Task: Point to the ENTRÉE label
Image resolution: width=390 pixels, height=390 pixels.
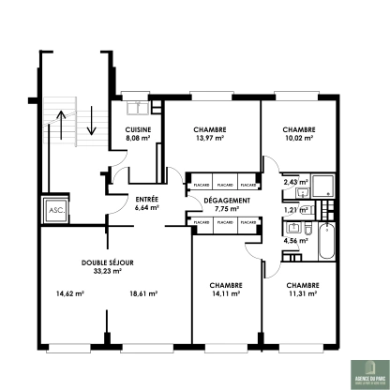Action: pyautogui.click(x=146, y=200)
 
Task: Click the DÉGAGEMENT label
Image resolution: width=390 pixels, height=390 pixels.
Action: pyautogui.click(x=226, y=201)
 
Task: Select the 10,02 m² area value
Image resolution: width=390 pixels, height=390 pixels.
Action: pyautogui.click(x=298, y=139)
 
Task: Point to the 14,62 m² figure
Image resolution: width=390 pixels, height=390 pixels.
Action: pyautogui.click(x=70, y=293)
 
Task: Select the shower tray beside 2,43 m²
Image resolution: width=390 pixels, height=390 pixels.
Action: pyautogui.click(x=323, y=186)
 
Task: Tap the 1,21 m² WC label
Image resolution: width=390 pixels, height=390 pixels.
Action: pyautogui.click(x=295, y=211)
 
